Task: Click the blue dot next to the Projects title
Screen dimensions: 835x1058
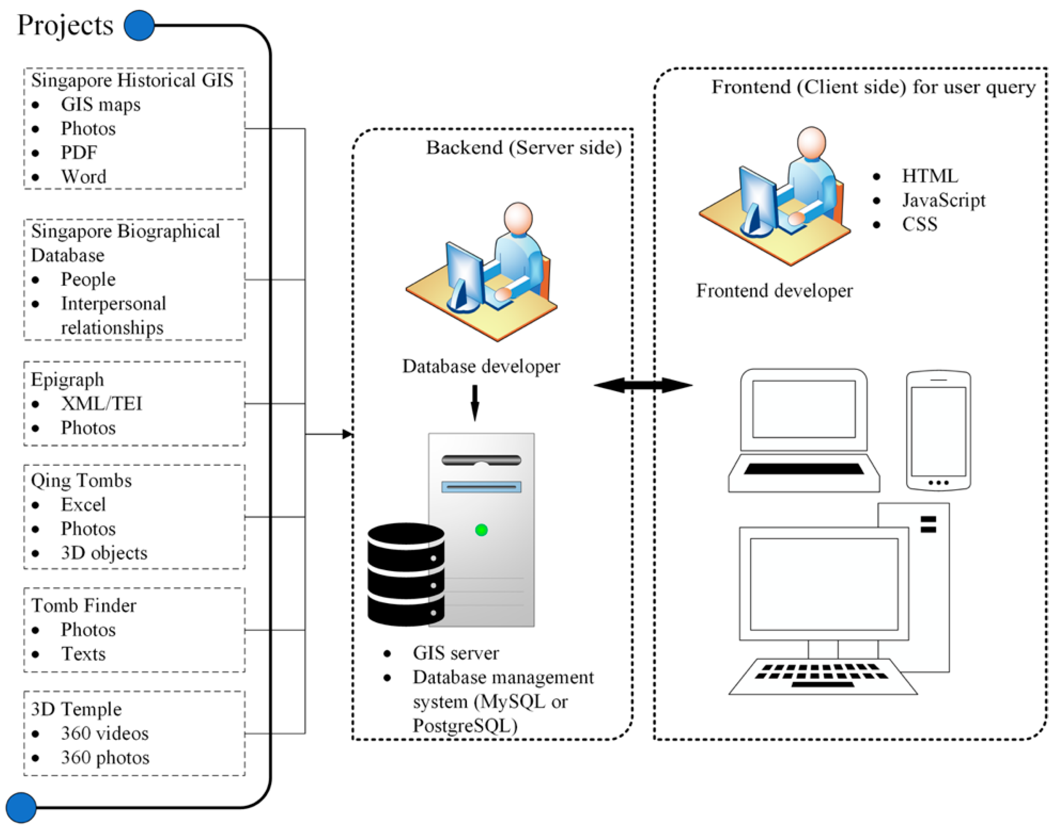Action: pyautogui.click(x=139, y=25)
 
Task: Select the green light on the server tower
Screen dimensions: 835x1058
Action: pyautogui.click(x=481, y=530)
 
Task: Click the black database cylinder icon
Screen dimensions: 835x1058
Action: pyautogui.click(x=406, y=574)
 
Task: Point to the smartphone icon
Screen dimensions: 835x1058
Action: pyautogui.click(x=938, y=430)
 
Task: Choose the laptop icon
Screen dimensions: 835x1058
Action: pyautogui.click(x=804, y=430)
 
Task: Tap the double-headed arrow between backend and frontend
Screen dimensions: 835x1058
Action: pyautogui.click(x=643, y=385)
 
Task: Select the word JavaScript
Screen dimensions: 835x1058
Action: pyautogui.click(x=943, y=200)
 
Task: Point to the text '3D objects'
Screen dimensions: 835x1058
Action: pyautogui.click(x=104, y=553)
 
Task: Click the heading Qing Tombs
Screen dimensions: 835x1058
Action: pyautogui.click(x=81, y=480)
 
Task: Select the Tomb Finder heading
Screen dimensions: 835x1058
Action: pyautogui.click(x=84, y=606)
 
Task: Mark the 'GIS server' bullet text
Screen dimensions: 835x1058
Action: pyautogui.click(x=456, y=653)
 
